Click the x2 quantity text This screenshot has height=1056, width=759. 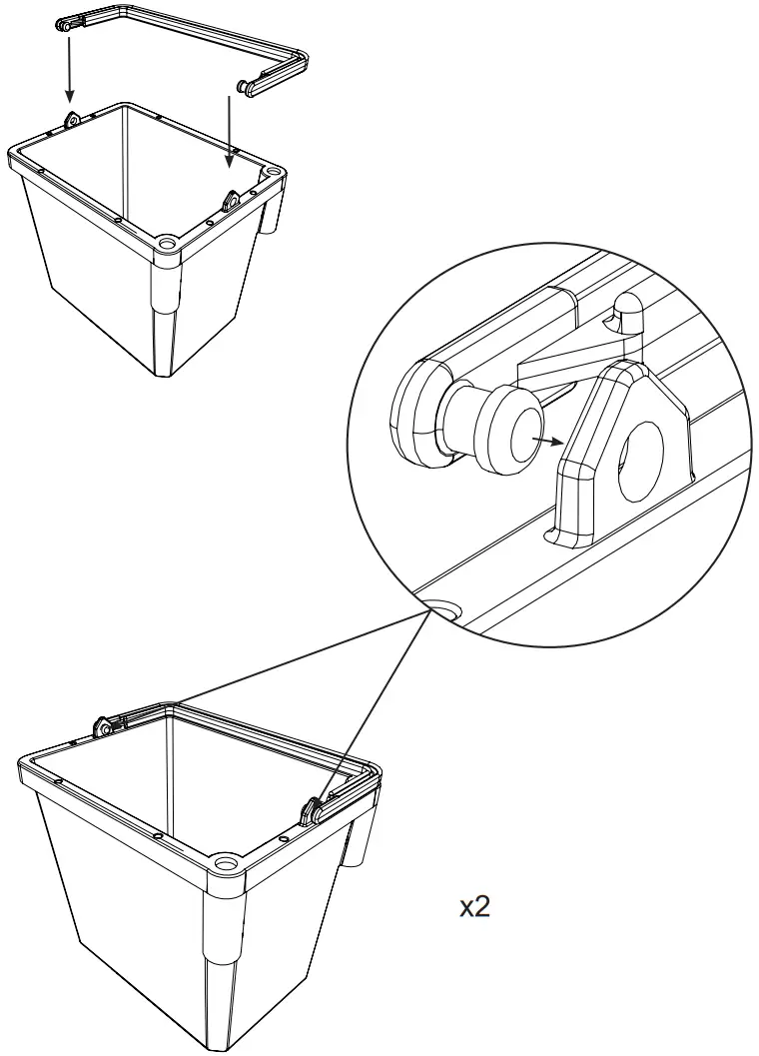(474, 907)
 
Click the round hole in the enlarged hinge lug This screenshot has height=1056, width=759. (641, 461)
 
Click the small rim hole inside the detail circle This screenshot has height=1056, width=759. (441, 609)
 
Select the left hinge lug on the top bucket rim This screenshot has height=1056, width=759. (71, 120)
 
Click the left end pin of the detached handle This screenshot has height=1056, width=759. (66, 27)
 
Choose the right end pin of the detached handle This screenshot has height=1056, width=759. (244, 89)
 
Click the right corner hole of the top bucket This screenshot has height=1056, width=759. (273, 173)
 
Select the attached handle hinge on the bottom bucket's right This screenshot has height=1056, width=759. (315, 810)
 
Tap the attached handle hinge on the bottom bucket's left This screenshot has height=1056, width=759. (102, 728)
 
